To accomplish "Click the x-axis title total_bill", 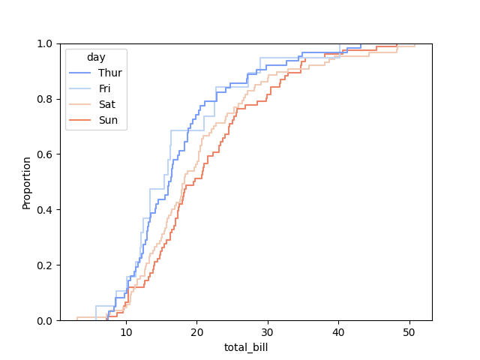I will pyautogui.click(x=246, y=347).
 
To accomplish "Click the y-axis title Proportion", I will pyautogui.click(x=27, y=182).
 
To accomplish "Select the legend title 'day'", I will pyautogui.click(x=95, y=57).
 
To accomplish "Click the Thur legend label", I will pyautogui.click(x=109, y=73).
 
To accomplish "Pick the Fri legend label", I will pyautogui.click(x=104, y=88).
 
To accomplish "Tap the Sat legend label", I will pyautogui.click(x=106, y=104).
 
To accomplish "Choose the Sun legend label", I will pyautogui.click(x=108, y=120).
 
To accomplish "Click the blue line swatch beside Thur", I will pyautogui.click(x=80, y=73).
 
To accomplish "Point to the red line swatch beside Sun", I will pyautogui.click(x=80, y=120).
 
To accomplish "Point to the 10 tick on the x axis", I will pyautogui.click(x=126, y=331).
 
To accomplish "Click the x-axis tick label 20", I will pyautogui.click(x=196, y=331).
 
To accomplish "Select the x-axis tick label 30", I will pyautogui.click(x=268, y=331).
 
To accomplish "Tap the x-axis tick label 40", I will pyautogui.click(x=338, y=331).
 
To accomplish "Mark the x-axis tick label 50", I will pyautogui.click(x=409, y=331).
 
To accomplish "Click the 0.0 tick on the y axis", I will pyautogui.click(x=46, y=321).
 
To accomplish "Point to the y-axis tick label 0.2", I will pyautogui.click(x=46, y=265).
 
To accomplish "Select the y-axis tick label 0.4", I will pyautogui.click(x=46, y=210).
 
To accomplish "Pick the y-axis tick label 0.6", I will pyautogui.click(x=46, y=154).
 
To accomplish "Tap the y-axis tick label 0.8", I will pyautogui.click(x=46, y=99).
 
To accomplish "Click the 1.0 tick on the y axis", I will pyautogui.click(x=46, y=43).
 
